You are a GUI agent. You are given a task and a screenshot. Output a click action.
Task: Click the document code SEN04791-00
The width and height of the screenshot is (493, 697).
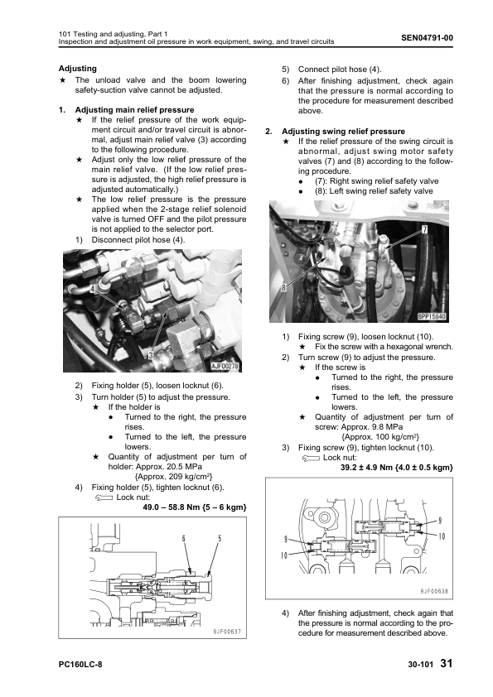pyautogui.click(x=427, y=38)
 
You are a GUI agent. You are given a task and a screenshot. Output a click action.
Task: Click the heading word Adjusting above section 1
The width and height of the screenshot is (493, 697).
pyautogui.click(x=77, y=69)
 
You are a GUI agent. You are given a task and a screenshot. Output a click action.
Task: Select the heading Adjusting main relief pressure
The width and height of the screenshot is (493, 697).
pyautogui.click(x=134, y=110)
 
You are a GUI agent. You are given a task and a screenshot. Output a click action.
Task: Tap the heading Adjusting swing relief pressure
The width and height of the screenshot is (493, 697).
pyautogui.click(x=343, y=131)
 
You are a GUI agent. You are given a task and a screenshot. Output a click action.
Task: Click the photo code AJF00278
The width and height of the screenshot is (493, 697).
pyautogui.click(x=225, y=366)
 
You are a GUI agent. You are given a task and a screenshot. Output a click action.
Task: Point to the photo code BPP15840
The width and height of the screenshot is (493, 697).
pyautogui.click(x=432, y=316)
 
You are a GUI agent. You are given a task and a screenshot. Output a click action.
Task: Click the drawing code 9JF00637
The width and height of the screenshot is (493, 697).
pyautogui.click(x=226, y=632)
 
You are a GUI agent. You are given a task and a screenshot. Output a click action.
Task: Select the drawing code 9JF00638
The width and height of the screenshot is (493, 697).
pyautogui.click(x=434, y=591)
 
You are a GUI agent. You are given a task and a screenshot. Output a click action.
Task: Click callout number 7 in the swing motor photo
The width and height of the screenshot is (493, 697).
pyautogui.click(x=424, y=229)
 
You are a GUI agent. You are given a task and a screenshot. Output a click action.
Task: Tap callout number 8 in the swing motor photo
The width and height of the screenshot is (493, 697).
pyautogui.click(x=283, y=287)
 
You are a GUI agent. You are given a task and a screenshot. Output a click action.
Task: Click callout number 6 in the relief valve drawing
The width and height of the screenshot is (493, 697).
pyautogui.click(x=183, y=539)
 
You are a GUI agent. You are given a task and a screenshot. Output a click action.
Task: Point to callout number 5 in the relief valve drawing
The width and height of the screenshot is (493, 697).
pyautogui.click(x=220, y=539)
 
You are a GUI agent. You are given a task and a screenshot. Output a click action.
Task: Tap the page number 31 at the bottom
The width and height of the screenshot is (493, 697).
pyautogui.click(x=447, y=663)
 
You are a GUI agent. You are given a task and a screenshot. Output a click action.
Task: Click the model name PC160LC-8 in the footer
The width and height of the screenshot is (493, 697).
pyautogui.click(x=80, y=665)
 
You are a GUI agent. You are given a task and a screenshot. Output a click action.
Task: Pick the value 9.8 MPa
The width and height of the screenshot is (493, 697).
pyautogui.click(x=389, y=427)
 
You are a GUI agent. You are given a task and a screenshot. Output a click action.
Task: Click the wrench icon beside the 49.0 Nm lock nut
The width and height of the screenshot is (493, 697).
pyautogui.click(x=104, y=498)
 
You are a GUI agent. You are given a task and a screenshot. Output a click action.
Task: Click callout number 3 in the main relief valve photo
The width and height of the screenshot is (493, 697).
pyautogui.click(x=151, y=355)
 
